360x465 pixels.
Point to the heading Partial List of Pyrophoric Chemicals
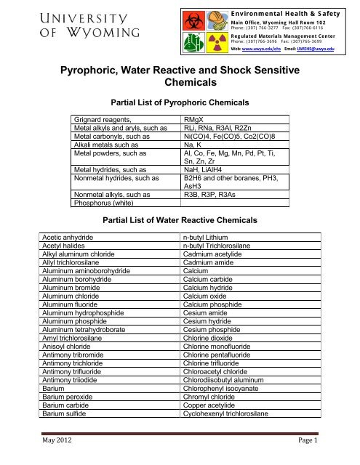coord(180,102)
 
